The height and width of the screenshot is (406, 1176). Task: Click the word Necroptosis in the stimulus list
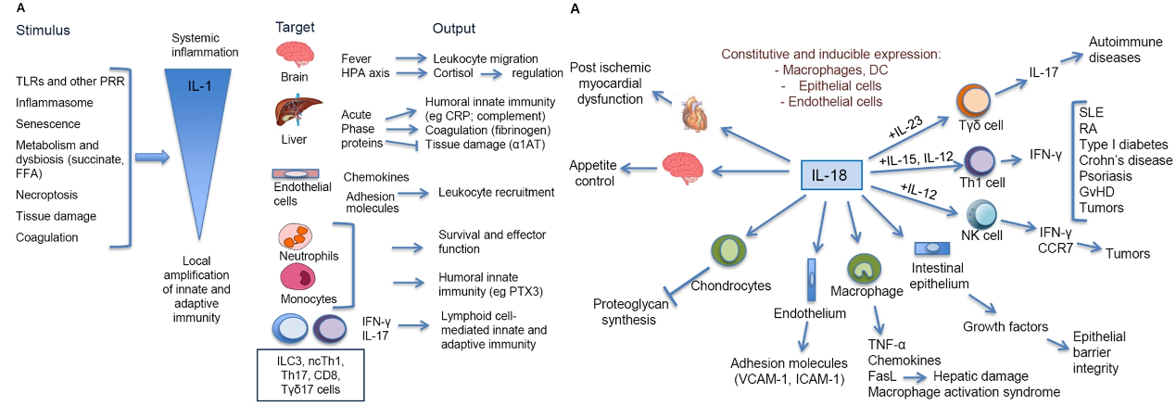point(46,196)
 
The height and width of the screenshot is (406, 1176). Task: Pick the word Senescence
point(48,123)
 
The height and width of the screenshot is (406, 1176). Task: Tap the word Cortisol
point(453,73)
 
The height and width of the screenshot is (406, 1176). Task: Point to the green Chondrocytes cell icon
point(728,251)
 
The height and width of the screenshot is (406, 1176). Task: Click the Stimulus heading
point(43,30)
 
